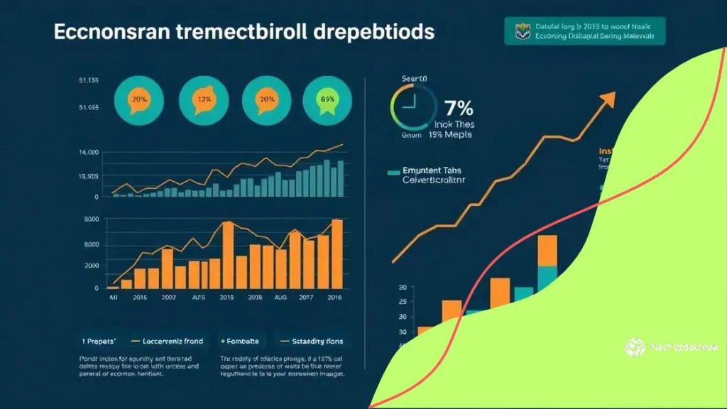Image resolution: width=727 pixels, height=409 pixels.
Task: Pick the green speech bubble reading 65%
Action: click(x=327, y=99)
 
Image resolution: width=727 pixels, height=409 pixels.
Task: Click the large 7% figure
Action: click(x=458, y=109)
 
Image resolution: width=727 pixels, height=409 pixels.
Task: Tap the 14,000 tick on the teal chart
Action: click(x=89, y=153)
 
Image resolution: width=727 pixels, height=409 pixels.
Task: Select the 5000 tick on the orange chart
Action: click(x=92, y=220)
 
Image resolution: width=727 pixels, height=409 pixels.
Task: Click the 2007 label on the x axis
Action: click(x=169, y=299)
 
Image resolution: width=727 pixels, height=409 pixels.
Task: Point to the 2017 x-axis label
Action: click(x=306, y=299)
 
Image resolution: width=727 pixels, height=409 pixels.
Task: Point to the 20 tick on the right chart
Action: click(x=403, y=288)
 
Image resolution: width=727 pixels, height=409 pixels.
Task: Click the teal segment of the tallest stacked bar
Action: click(x=547, y=276)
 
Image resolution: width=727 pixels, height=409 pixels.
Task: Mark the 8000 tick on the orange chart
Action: click(x=92, y=245)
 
